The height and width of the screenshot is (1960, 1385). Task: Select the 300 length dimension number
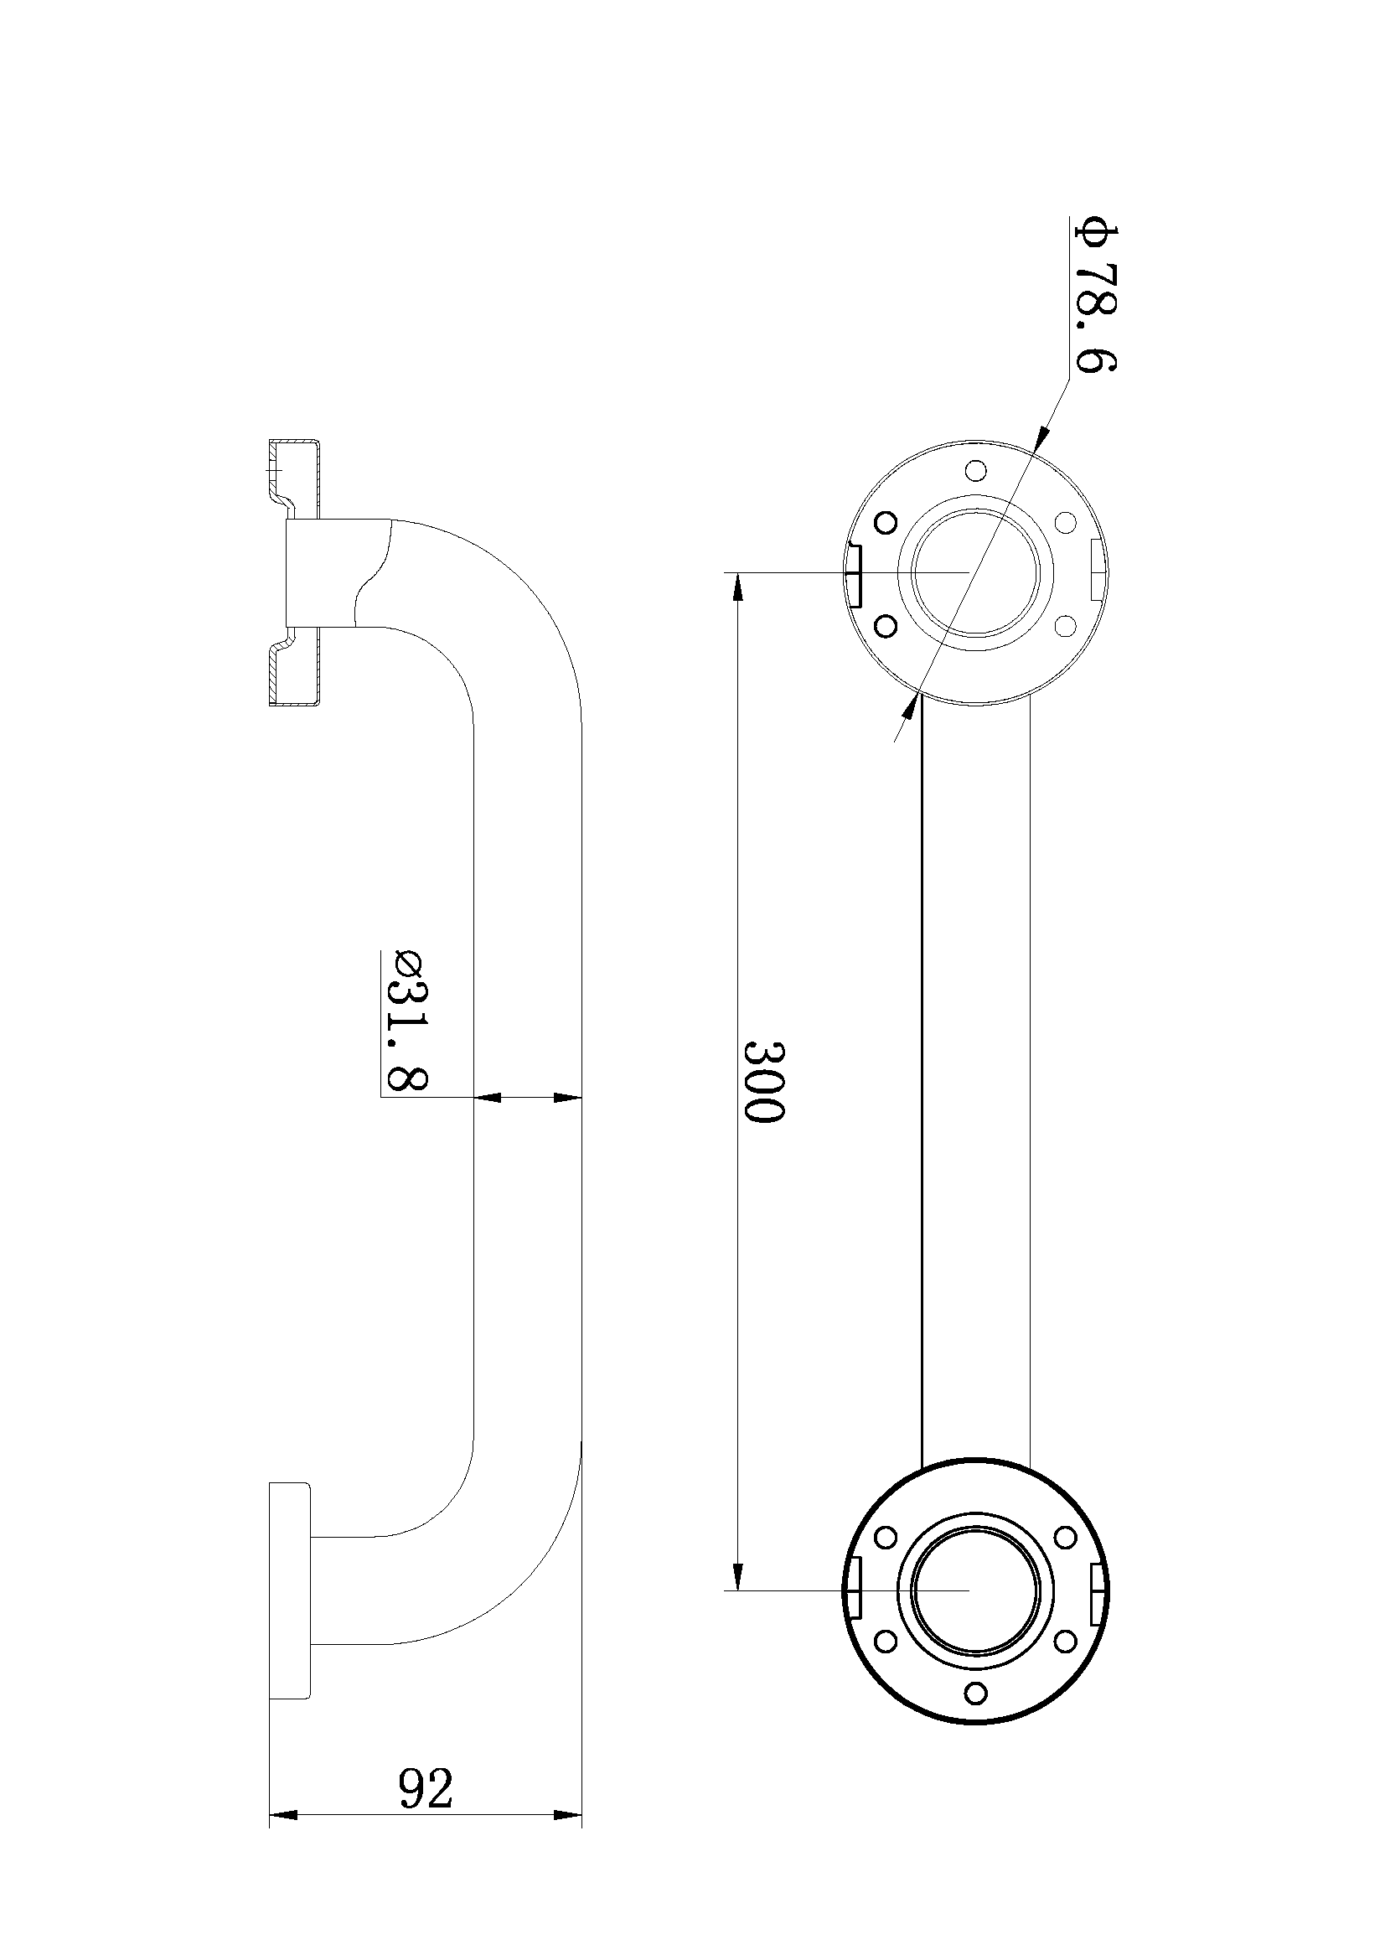[x=762, y=1081]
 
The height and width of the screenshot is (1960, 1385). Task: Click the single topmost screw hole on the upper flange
[x=978, y=469]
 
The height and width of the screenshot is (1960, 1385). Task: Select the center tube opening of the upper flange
[x=975, y=572]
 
